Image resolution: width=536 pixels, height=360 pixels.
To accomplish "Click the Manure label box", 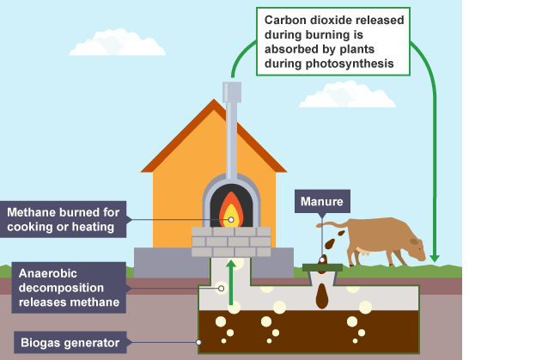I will click(x=322, y=203).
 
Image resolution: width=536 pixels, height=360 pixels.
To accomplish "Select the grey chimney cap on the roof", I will click(x=232, y=91).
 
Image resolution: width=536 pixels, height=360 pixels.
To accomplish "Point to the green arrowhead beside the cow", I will click(x=435, y=255).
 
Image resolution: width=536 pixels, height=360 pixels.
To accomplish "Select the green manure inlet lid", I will click(x=323, y=268).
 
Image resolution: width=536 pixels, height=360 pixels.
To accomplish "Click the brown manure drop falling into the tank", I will click(x=322, y=296).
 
